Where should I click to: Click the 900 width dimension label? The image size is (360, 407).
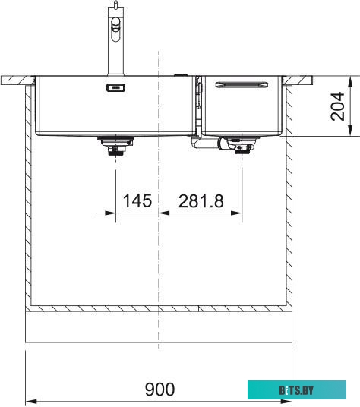(159, 389)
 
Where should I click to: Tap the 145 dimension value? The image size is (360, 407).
(137, 200)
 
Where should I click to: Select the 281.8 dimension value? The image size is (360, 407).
(201, 201)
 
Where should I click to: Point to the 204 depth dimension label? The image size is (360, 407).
(337, 106)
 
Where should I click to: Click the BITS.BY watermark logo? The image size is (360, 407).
(297, 390)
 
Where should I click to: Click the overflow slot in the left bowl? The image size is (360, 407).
(115, 88)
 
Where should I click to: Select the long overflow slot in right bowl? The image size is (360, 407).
(242, 84)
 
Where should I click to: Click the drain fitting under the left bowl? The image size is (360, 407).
(115, 146)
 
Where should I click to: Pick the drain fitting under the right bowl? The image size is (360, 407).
(242, 145)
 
